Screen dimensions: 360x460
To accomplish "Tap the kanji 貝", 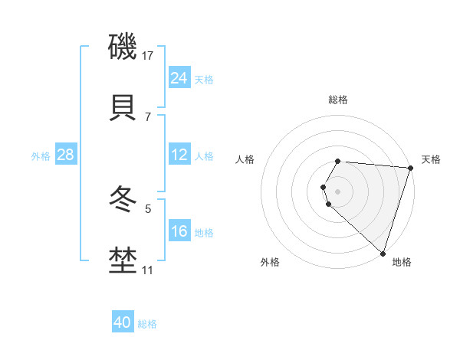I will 123,108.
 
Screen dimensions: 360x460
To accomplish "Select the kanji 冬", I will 123,201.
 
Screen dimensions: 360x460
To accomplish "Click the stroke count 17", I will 148,55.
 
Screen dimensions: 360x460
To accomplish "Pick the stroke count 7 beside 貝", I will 148,116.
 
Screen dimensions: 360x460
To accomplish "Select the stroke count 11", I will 148,270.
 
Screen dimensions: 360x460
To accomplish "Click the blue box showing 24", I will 179,77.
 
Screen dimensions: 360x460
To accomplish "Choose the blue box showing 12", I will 179,155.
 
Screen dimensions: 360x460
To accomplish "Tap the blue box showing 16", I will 179,231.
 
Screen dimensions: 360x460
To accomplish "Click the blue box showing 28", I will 65,155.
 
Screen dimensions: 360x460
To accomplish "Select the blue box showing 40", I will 123,322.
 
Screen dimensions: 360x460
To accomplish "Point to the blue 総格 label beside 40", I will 147,324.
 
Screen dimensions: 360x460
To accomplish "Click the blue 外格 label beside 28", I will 41,156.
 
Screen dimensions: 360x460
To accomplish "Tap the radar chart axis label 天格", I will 431,159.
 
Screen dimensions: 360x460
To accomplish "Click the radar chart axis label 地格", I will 402,262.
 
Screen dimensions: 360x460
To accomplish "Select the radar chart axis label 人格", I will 245,159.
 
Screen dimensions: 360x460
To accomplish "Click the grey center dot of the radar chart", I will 338,191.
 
